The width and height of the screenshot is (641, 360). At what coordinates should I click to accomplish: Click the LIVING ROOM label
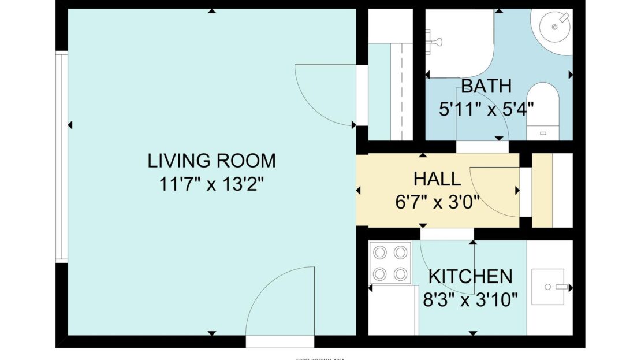(211, 160)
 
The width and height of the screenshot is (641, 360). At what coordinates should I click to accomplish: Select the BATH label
(486, 86)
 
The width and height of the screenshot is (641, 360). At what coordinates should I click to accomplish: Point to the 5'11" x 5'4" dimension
(486, 109)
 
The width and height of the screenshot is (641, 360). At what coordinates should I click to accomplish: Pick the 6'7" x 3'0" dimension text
(437, 203)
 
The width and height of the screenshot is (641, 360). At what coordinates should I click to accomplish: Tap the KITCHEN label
(470, 276)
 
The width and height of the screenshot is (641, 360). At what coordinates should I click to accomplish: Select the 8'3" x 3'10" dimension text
(470, 299)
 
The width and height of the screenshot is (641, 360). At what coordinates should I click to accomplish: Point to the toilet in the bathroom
(543, 110)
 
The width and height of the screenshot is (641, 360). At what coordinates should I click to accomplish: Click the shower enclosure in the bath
(460, 44)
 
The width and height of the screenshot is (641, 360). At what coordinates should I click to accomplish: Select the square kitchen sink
(547, 287)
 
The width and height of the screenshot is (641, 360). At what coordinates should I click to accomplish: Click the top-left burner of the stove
(381, 253)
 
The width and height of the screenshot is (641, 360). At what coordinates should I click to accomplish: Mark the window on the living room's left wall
(61, 156)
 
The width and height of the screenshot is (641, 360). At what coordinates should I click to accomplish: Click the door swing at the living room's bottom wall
(280, 300)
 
